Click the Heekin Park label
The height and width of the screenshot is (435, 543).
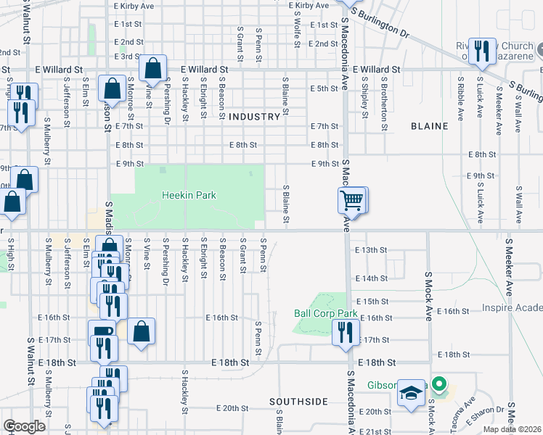189,196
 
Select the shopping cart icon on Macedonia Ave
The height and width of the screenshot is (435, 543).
352,199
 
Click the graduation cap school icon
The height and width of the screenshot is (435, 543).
411,394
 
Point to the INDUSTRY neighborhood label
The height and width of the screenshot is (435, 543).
254,117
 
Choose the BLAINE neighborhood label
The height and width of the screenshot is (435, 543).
429,126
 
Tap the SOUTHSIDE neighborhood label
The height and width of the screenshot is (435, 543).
298,402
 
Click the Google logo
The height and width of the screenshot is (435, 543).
25,426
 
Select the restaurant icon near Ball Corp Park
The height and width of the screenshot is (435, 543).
344,332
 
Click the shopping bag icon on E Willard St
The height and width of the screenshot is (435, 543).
153,68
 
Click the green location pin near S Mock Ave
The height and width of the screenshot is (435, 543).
438,384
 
